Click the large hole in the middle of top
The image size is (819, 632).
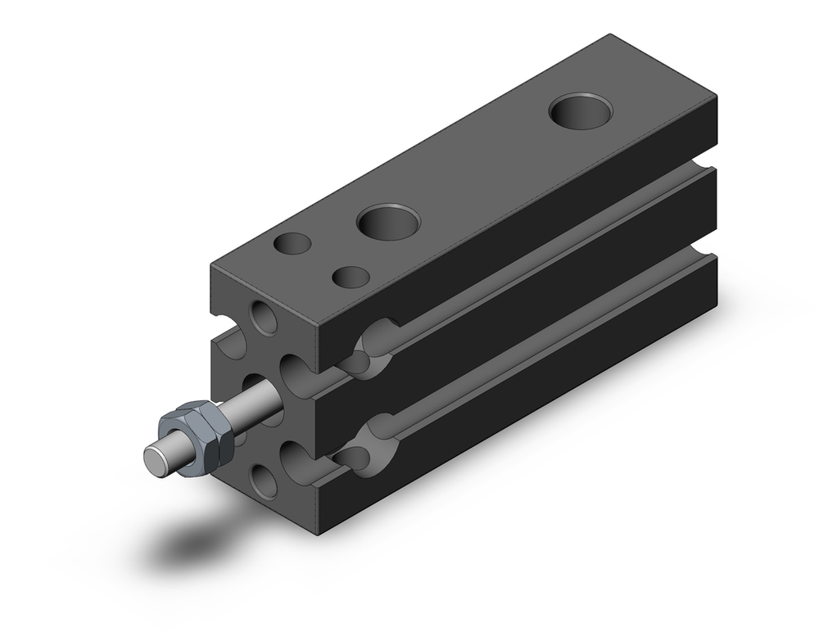tap(387, 222)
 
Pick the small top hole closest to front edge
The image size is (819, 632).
tap(292, 243)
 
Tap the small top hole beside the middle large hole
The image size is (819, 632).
tap(351, 277)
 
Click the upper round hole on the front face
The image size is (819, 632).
tap(264, 317)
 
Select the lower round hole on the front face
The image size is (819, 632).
tap(264, 481)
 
